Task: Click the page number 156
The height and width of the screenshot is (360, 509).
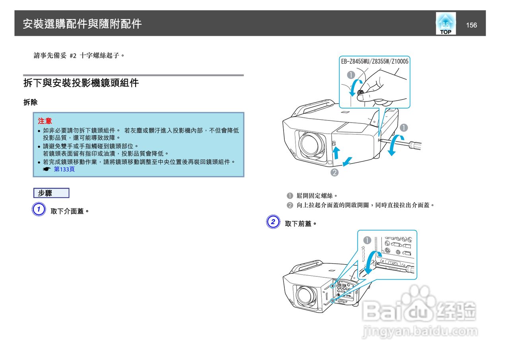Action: [471, 25]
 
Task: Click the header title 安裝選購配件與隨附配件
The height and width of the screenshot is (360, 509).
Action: [82, 24]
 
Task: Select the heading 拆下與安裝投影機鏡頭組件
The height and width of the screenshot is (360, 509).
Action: [81, 83]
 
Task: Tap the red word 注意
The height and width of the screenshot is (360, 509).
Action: [45, 121]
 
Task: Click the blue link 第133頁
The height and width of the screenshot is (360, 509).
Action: [64, 169]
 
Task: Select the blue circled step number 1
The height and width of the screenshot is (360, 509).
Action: [38, 210]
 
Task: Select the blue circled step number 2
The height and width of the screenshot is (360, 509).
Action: [272, 222]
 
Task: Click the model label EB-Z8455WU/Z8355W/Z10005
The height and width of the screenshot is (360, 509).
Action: [375, 61]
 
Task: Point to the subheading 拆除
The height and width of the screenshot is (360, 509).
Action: [30, 102]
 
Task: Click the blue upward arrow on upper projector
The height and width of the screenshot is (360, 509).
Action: [336, 152]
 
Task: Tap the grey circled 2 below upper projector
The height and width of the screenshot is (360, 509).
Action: [335, 173]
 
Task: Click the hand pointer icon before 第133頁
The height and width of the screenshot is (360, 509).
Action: [47, 169]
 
